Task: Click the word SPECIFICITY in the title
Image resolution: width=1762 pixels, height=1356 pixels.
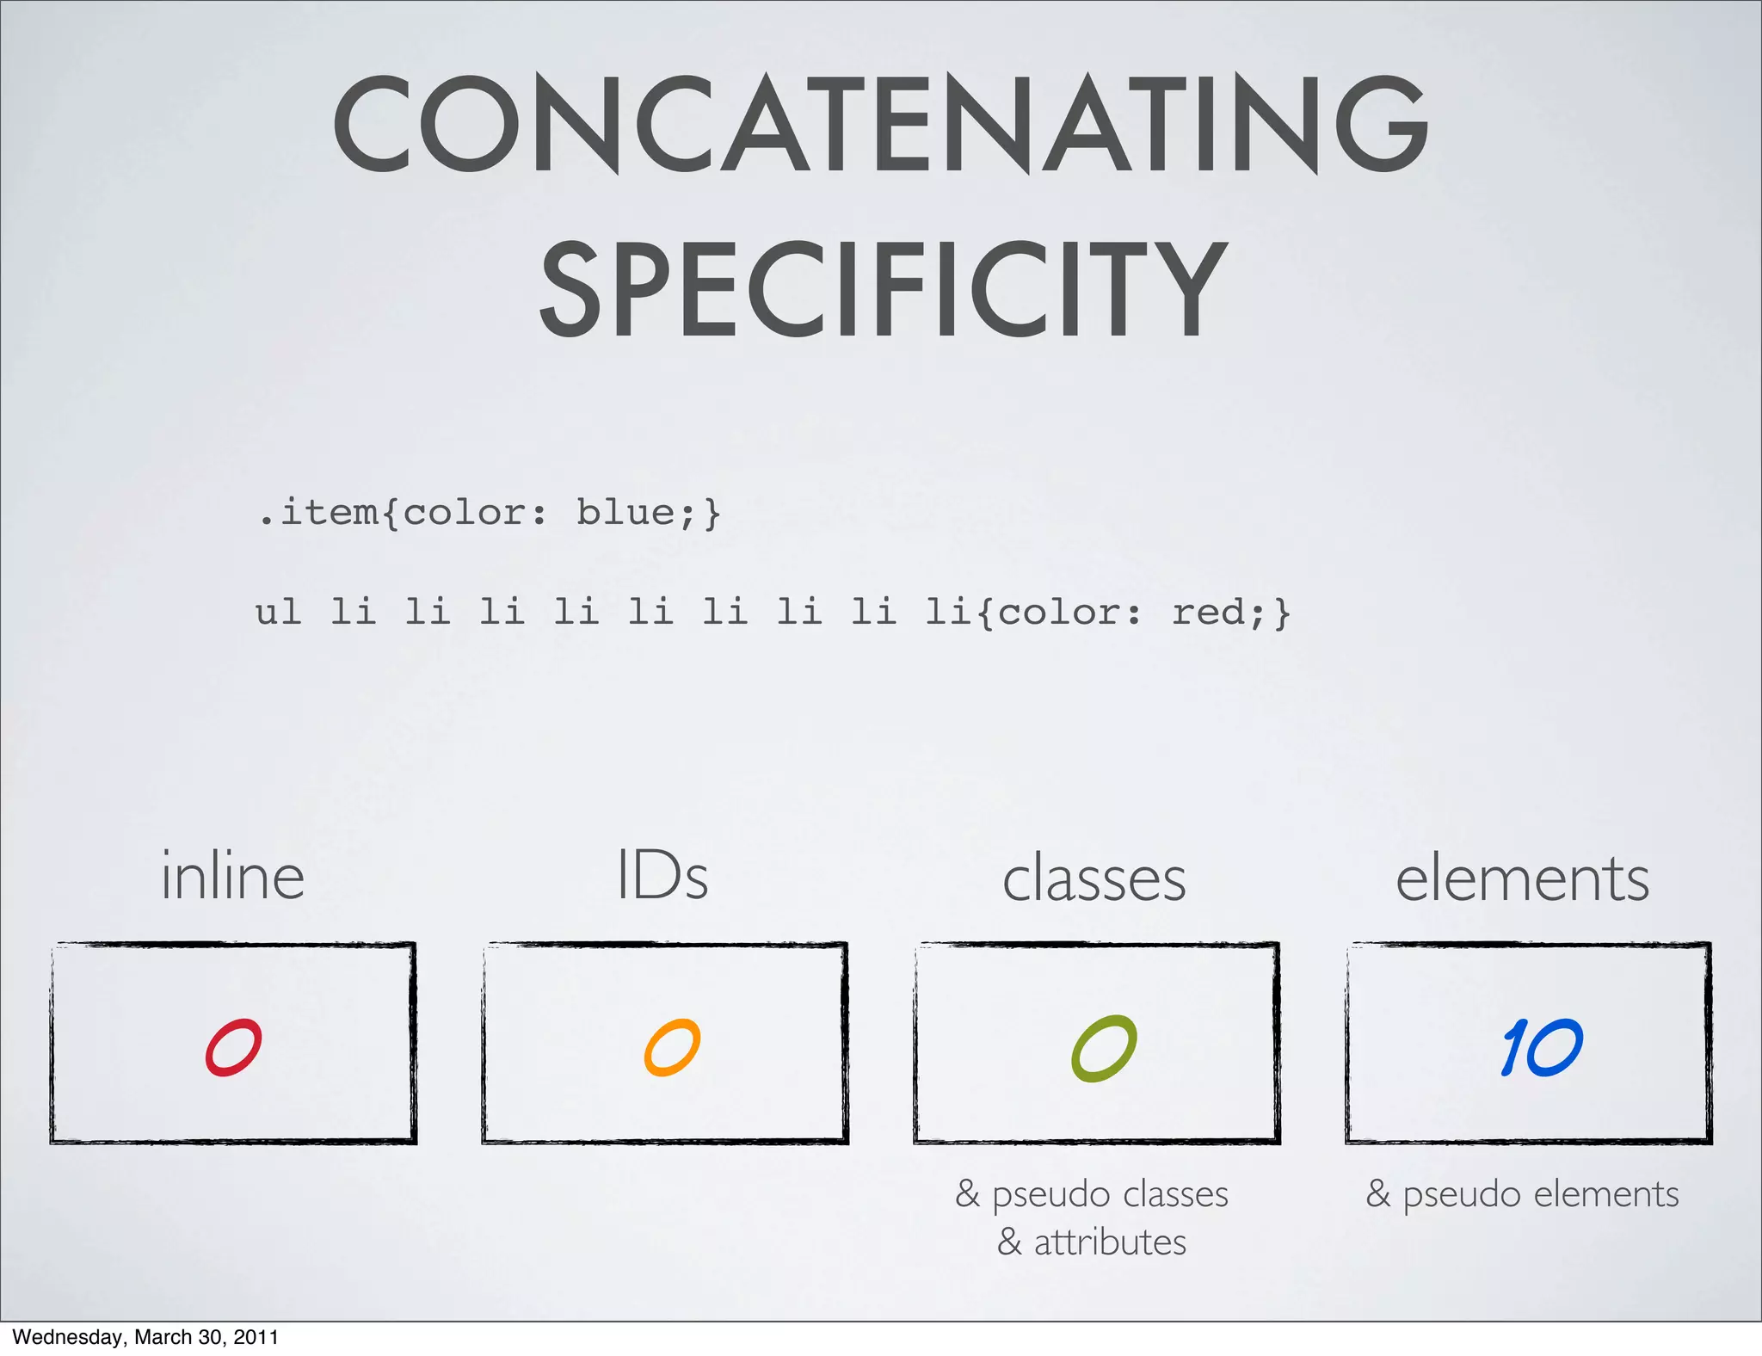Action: pyautogui.click(x=883, y=289)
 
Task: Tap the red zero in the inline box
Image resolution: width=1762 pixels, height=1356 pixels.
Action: pyautogui.click(x=233, y=1047)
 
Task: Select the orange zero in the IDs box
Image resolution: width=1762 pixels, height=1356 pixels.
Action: pyautogui.click(x=672, y=1047)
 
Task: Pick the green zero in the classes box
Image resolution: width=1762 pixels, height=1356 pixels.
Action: pyautogui.click(x=1104, y=1047)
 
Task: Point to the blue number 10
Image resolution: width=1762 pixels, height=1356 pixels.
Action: pyautogui.click(x=1541, y=1047)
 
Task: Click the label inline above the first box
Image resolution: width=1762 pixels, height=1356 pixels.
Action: pyautogui.click(x=232, y=876)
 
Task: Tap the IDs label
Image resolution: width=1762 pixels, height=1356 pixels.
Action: pyautogui.click(x=662, y=876)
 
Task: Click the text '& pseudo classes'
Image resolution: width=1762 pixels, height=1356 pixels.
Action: pyautogui.click(x=1092, y=1194)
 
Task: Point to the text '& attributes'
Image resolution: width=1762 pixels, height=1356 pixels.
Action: pyautogui.click(x=1092, y=1242)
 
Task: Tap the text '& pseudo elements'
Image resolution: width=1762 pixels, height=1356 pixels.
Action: pyautogui.click(x=1522, y=1194)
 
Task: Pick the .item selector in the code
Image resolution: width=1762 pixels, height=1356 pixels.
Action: pyautogui.click(x=318, y=512)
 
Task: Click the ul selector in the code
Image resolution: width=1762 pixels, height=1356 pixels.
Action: pyautogui.click(x=278, y=613)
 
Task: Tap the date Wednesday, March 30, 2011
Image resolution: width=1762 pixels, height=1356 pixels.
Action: pyautogui.click(x=145, y=1336)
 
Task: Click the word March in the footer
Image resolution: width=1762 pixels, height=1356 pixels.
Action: pyautogui.click(x=164, y=1336)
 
